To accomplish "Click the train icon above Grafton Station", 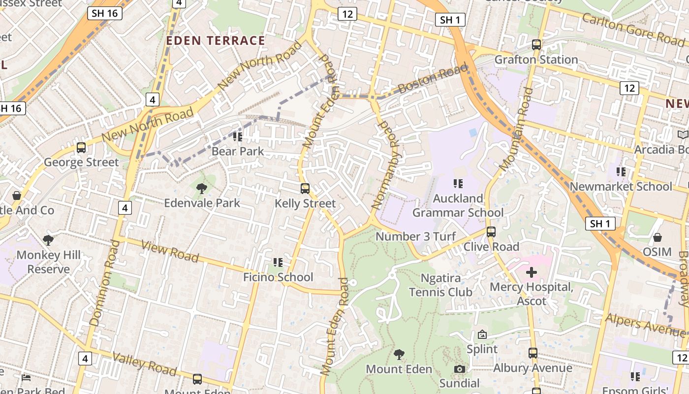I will point(536,45).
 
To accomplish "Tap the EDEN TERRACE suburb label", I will point(216,40).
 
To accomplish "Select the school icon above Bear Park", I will point(238,136).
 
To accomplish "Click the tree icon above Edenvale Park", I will point(201,188).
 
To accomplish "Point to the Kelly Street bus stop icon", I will point(305,189).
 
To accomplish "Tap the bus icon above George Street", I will point(81,147).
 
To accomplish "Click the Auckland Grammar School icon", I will point(458,184).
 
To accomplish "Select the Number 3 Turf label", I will point(416,236).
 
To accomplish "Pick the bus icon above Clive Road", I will point(491,232).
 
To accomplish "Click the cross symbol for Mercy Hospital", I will point(532,272).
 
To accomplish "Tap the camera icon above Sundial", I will point(459,369).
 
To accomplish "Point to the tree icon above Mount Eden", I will point(399,354).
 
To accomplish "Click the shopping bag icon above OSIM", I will point(657,237).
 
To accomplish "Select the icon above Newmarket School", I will point(621,172).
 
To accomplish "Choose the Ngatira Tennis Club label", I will point(441,285).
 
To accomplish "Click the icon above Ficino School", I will point(278,263).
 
